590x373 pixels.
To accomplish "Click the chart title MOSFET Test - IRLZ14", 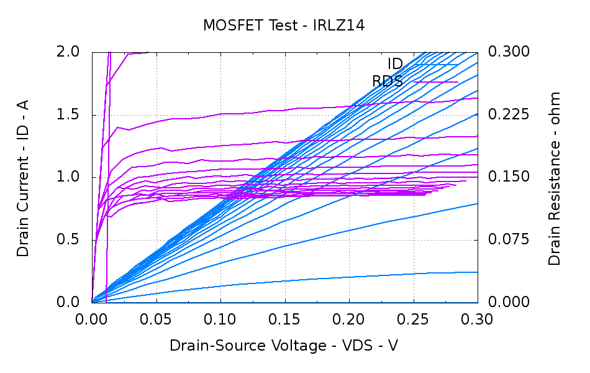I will click(283, 25).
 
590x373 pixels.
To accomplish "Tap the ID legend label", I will click(395, 64).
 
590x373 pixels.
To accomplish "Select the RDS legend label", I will click(388, 81).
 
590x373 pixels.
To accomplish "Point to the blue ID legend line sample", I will click(436, 64).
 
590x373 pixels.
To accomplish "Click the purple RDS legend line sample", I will click(436, 82).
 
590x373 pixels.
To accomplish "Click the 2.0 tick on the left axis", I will click(71, 52).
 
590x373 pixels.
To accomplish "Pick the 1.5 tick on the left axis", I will click(71, 114).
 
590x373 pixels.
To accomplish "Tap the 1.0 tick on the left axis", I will click(71, 177).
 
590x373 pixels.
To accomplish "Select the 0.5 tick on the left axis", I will click(71, 240).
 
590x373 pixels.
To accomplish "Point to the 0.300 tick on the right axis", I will click(509, 52).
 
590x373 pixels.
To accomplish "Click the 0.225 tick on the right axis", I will click(509, 114).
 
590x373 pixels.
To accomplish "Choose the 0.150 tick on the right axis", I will click(509, 177).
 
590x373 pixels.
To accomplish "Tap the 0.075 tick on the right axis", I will click(509, 240).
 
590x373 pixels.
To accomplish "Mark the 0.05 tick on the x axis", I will click(157, 320).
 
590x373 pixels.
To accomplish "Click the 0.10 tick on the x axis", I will click(220, 320).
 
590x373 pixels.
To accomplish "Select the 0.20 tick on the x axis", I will click(349, 320).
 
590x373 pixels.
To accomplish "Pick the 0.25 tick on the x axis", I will click(414, 320).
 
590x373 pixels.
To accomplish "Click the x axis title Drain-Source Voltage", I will click(284, 346).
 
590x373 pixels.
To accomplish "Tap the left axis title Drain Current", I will click(23, 177).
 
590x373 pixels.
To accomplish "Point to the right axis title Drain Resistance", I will click(555, 178).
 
